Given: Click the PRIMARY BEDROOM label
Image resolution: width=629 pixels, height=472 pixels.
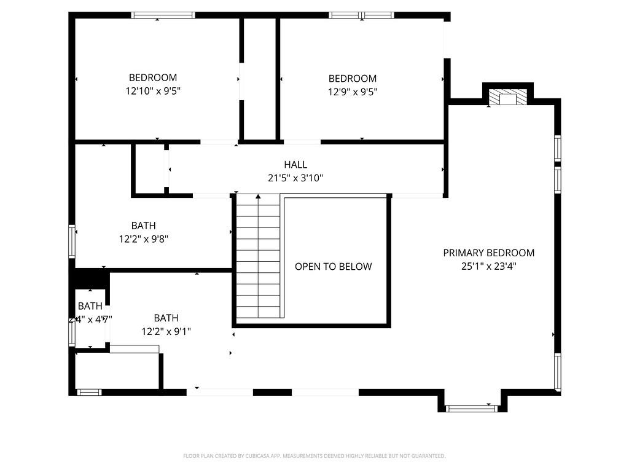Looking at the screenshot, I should (488, 253).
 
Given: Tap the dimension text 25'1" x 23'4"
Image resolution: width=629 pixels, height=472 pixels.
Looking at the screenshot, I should (488, 267).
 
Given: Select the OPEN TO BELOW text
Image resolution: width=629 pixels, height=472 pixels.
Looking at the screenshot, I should (333, 266).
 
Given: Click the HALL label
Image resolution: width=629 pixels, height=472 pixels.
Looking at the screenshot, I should (295, 165).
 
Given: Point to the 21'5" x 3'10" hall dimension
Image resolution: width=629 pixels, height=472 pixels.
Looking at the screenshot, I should (295, 178).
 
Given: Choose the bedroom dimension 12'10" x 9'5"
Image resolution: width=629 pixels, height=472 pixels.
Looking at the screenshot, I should (152, 91).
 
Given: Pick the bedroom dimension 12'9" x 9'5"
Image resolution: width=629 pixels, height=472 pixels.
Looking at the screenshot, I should (352, 92).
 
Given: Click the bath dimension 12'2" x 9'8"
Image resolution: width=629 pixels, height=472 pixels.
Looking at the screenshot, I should (143, 239).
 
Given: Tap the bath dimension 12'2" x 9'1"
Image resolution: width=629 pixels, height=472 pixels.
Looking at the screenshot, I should (166, 331).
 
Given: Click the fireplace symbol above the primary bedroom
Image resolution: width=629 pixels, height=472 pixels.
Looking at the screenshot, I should (508, 98).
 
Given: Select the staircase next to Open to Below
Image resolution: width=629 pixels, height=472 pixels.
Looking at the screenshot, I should (258, 258).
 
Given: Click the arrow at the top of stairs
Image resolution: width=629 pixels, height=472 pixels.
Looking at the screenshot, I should (258, 197).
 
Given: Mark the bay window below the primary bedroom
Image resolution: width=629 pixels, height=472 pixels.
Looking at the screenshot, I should (471, 407).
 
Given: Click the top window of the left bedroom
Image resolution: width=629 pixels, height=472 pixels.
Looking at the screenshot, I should (163, 15).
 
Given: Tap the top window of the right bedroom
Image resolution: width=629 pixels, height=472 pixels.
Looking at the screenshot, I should (361, 15).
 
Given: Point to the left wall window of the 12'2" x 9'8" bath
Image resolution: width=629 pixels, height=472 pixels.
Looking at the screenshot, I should (72, 241).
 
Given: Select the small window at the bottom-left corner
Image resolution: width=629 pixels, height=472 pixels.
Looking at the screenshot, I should (88, 391).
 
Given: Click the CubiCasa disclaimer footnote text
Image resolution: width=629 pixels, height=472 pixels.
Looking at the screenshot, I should (314, 456).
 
